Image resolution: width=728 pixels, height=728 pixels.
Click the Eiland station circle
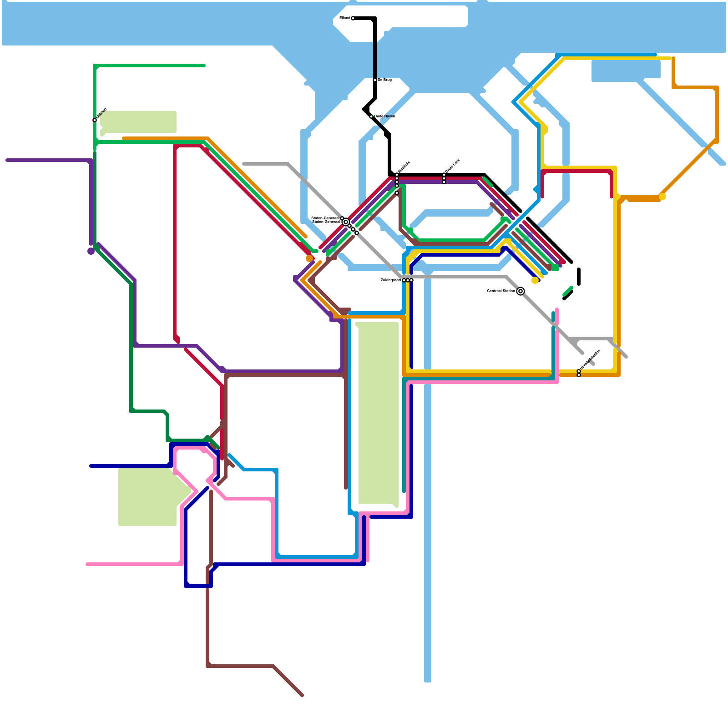coord(353,18)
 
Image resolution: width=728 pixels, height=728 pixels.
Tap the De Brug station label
coord(384,80)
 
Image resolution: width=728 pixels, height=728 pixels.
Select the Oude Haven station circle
coord(371,116)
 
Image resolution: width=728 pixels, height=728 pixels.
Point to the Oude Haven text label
coord(384,116)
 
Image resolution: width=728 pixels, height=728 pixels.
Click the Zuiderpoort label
coord(391,280)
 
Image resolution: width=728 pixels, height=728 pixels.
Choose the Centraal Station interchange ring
coord(521,291)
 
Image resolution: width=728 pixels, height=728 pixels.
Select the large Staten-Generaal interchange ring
coord(346,222)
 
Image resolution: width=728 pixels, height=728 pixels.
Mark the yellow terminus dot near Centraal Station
coord(535,280)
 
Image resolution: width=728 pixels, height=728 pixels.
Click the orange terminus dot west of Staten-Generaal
coord(309,258)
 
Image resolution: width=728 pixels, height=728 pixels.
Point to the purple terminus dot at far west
coord(91,251)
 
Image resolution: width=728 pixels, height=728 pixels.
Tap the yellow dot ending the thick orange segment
coord(662,197)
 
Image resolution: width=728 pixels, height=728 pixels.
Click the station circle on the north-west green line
coord(95,120)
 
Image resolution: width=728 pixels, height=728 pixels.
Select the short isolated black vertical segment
coord(579,277)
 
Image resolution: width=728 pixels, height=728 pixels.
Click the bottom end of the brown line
coord(302,695)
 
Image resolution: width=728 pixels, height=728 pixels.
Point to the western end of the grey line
coord(244,164)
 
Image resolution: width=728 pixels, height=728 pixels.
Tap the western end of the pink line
coord(87,564)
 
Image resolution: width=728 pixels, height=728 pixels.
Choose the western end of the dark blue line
coord(91,466)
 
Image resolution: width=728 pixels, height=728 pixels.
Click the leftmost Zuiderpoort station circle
coord(404,280)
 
